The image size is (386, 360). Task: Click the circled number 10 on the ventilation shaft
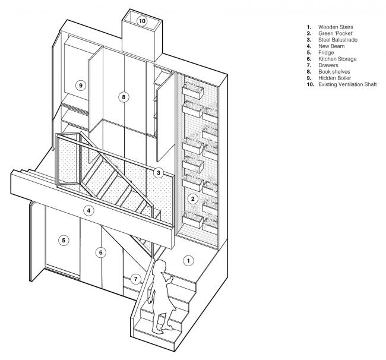[x=142, y=21]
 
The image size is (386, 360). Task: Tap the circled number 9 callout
[x=81, y=86]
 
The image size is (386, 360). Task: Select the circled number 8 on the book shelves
[x=124, y=97]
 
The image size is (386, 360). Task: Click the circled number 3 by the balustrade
[x=159, y=173]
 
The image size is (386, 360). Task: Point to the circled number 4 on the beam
[x=88, y=210]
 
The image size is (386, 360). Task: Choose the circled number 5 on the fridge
[x=64, y=241]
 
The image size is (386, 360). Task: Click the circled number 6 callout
[x=101, y=252]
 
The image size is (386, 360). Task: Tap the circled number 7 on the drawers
[x=135, y=279]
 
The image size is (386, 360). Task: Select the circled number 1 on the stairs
[x=189, y=261]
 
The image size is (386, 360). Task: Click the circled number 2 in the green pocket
[x=193, y=199]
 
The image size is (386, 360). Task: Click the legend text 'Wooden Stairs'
[x=336, y=27]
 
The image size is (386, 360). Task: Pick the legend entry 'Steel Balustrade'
[x=338, y=40]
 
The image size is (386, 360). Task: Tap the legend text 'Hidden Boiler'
[x=334, y=78]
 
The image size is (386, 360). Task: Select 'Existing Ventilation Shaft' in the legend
[x=347, y=84]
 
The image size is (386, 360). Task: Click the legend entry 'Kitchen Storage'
[x=337, y=59]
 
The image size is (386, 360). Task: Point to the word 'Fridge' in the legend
[x=326, y=52]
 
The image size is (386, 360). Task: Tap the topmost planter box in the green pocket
[x=193, y=90]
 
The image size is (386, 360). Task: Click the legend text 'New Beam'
[x=331, y=46]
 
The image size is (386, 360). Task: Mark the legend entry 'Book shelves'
[x=334, y=72]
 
